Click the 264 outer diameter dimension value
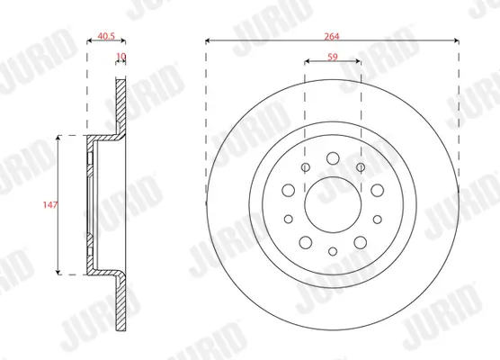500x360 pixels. [x=333, y=31]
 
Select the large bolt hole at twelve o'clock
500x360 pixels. [x=333, y=157]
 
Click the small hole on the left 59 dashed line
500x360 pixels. [x=306, y=168]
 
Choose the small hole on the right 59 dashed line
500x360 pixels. [x=361, y=168]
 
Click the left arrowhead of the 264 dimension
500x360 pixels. [x=209, y=41]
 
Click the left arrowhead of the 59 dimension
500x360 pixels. [x=308, y=63]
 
